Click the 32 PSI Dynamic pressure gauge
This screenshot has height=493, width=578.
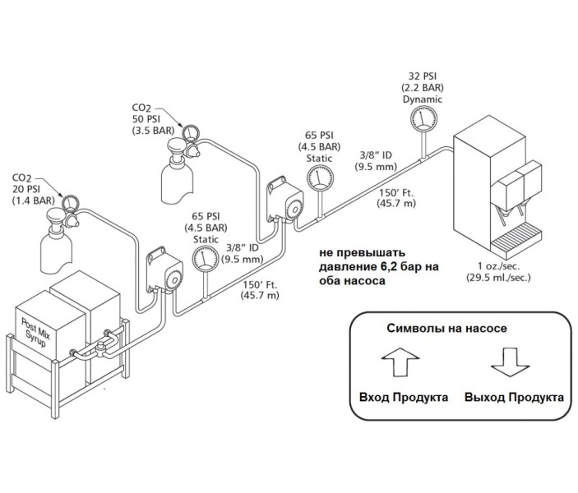coord(422,119)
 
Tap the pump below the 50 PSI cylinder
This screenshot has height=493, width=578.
coord(282,199)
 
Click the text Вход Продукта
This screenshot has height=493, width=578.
coord(404,397)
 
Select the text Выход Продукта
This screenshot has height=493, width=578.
coord(514,397)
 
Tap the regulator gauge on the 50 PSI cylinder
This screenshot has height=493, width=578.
coord(191,131)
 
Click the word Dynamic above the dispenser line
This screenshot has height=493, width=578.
coord(422,99)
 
